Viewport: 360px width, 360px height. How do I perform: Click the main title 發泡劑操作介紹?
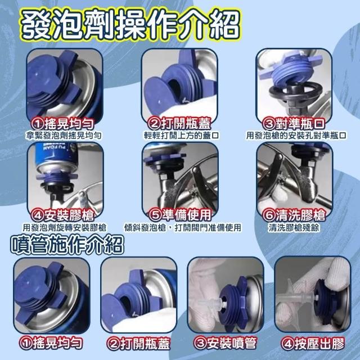130,25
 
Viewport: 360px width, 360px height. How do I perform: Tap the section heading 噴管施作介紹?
67,245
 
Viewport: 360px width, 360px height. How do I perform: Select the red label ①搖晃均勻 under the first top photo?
62,124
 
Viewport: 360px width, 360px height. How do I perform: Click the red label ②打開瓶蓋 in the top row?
179,124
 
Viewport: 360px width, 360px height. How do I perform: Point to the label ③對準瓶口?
294,124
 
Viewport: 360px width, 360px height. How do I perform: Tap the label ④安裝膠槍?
62,215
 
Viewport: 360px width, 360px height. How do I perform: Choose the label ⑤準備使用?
180,215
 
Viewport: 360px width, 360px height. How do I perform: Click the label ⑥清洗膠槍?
294,215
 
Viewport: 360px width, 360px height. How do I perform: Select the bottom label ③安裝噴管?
225,344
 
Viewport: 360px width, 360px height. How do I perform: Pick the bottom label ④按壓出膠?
313,344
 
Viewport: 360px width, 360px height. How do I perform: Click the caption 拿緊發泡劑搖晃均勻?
64,136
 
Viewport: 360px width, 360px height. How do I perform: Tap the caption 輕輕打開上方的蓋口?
181,136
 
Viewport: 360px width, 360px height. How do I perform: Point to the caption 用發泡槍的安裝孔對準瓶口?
296,136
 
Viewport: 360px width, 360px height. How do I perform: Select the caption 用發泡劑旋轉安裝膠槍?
64,227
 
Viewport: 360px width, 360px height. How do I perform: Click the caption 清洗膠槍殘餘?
294,227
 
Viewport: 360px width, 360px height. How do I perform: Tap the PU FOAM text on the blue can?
55,148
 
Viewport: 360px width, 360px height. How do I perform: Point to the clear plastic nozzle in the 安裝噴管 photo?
211,304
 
